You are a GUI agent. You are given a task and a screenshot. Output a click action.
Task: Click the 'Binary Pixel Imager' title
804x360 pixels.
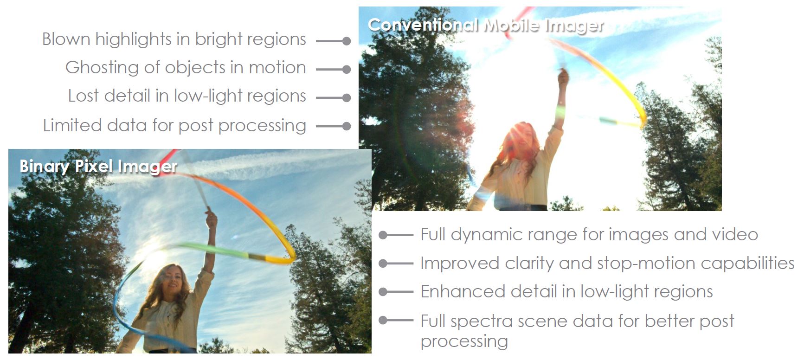tap(98, 167)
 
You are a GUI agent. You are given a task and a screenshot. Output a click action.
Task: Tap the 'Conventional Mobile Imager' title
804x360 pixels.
tap(486, 25)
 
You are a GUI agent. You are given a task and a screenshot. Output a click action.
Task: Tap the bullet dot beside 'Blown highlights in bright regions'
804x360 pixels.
tap(346, 41)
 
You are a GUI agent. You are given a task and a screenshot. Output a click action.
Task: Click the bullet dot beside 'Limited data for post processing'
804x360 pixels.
tap(346, 126)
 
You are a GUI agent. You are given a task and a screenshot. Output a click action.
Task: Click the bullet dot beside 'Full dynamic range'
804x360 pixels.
tap(383, 235)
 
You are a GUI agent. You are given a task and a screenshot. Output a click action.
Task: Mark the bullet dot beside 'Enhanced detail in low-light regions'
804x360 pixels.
tap(383, 292)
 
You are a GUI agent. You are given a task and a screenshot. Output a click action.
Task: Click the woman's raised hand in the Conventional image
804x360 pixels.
tap(563, 77)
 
